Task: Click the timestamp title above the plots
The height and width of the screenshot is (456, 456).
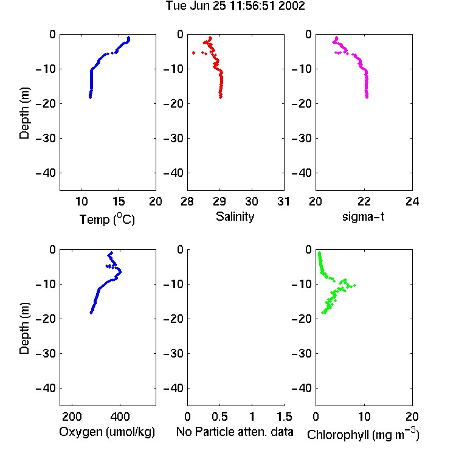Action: (235, 5)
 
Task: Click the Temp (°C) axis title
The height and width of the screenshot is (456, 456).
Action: (107, 219)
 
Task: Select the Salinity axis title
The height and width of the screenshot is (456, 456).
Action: (235, 216)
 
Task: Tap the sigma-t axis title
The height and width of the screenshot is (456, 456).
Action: (363, 216)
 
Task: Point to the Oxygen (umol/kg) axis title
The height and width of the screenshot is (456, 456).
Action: (107, 432)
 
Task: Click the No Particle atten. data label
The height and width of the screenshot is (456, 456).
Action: (235, 432)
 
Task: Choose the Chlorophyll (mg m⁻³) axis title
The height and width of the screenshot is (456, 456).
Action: (363, 434)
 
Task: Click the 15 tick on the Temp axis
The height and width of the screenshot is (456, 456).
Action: (119, 201)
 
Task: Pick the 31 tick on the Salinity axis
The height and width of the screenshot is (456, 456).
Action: (283, 201)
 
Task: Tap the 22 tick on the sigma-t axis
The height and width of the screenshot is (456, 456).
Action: (364, 201)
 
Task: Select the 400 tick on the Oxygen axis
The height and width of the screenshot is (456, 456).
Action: (120, 416)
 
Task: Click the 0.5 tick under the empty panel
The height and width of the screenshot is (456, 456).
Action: (219, 416)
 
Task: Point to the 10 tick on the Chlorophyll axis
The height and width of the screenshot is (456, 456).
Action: (364, 416)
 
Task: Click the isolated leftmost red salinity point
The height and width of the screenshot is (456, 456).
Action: (194, 53)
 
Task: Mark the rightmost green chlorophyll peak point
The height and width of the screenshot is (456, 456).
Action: (354, 285)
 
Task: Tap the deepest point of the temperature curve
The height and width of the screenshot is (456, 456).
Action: (90, 97)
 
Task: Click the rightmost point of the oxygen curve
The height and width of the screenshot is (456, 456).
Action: (120, 272)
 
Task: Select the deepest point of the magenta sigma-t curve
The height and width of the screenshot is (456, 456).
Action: (367, 97)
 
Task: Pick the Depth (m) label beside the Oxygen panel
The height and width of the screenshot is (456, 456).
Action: (24, 328)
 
